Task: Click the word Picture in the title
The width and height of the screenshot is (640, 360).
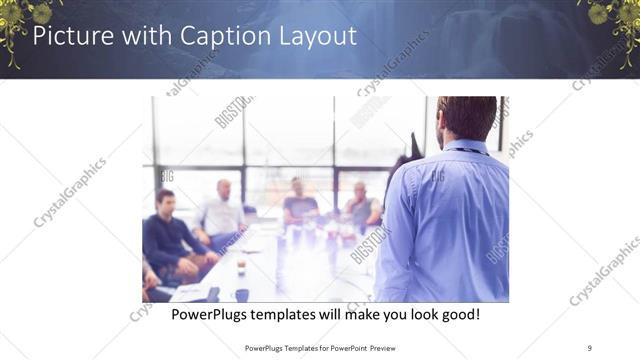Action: [71, 37]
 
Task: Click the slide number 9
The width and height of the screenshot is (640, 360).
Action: [589, 347]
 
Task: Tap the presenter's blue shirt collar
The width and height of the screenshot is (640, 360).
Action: [466, 147]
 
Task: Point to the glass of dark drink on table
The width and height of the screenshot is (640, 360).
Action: [241, 266]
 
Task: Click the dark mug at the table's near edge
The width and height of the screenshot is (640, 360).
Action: [241, 295]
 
